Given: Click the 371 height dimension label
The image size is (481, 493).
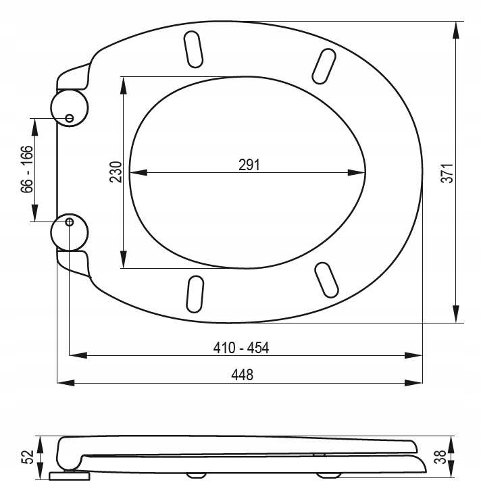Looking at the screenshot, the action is click(447, 173).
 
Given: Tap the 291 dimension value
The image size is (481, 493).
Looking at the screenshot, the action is click(249, 165).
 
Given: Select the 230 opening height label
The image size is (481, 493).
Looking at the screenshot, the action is click(116, 172).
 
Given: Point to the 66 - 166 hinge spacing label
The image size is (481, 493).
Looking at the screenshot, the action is click(27, 169).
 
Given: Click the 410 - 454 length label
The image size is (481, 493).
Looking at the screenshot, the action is click(241, 348).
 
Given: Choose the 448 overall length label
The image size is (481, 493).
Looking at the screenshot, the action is click(243, 375).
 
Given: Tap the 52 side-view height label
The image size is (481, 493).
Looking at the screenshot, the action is click(27, 457).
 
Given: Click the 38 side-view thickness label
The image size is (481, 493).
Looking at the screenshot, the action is click(440, 457).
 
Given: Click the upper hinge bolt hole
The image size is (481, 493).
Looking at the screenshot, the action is click(70, 118).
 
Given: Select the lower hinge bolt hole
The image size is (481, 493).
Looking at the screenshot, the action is click(70, 222).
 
